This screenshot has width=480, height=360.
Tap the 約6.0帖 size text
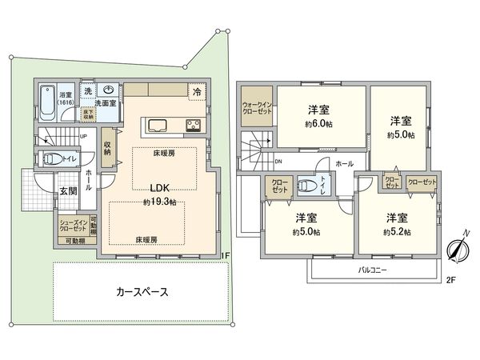coord(318,125)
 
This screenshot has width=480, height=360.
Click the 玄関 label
coord(67,191)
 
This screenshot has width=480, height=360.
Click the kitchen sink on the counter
coord(155,125)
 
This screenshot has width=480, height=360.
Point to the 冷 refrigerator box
coord(197,91)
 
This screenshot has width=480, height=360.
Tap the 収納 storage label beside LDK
coord(108,148)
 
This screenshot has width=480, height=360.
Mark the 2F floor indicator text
coord(450,281)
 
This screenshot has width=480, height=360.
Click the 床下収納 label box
coord(88,114)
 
